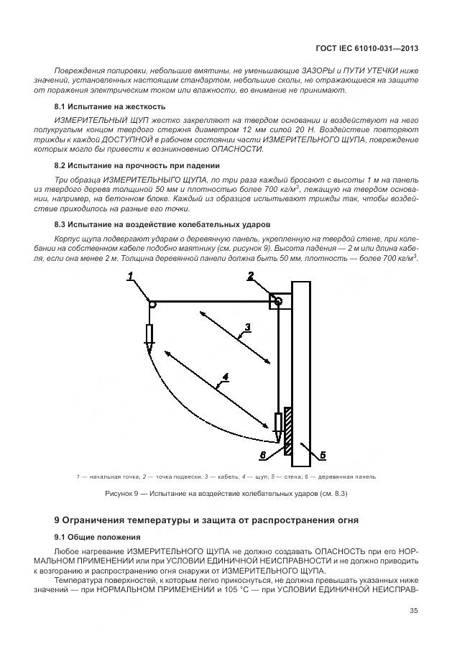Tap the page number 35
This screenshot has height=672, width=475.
[x=413, y=612]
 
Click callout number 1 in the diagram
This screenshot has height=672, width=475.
[x=131, y=276]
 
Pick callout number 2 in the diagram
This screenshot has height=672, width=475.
[x=250, y=276]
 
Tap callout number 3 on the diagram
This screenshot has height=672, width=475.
[x=246, y=328]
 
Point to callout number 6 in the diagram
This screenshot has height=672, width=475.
[x=263, y=455]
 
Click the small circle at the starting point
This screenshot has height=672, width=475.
[x=152, y=304]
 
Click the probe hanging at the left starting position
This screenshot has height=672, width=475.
[x=149, y=336]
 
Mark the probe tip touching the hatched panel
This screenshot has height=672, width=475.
[x=277, y=437]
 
